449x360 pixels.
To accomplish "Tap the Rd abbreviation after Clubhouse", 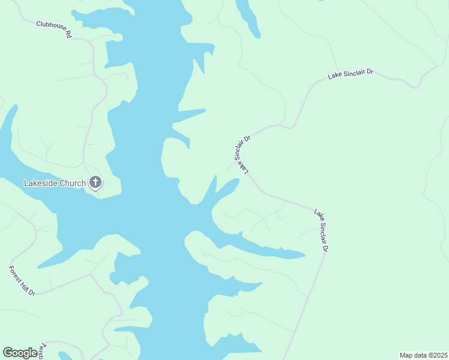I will (x=68, y=35).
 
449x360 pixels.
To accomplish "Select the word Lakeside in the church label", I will (x=41, y=183).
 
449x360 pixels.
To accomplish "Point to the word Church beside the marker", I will (x=73, y=183).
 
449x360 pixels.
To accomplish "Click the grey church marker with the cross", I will (x=95, y=182).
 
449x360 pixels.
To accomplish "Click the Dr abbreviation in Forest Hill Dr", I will (x=32, y=292).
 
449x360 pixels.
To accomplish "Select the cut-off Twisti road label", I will (x=42, y=352).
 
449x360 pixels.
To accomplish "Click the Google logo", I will (x=20, y=353).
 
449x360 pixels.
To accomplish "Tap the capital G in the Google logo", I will (x=8, y=353).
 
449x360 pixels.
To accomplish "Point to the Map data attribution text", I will (x=413, y=355).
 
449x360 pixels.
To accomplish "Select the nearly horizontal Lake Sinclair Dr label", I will (x=351, y=74).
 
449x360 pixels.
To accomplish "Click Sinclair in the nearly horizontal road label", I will (x=353, y=74).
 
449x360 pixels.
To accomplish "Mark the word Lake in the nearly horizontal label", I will (x=334, y=77).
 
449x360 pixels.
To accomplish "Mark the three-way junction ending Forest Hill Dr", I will (x=91, y=274).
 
